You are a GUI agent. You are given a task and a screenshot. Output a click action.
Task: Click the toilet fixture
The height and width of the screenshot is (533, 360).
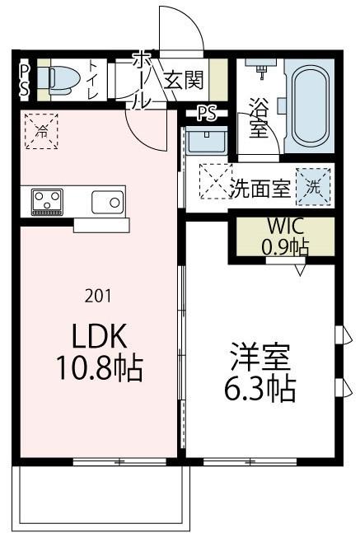[x=61, y=79]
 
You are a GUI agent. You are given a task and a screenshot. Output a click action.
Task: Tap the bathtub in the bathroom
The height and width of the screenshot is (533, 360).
[x=310, y=108]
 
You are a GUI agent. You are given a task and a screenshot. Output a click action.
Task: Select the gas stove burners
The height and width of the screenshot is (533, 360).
[x=47, y=200]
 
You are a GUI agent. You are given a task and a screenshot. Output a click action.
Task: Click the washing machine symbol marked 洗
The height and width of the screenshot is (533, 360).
[x=314, y=185]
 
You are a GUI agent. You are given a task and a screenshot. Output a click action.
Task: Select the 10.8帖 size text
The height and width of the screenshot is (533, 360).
[x=100, y=367]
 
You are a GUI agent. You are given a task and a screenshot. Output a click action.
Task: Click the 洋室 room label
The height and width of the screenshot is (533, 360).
[x=259, y=358]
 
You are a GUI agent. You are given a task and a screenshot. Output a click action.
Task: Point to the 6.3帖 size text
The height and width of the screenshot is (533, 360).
[x=259, y=389]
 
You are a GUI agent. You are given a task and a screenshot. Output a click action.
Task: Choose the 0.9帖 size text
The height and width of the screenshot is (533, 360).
[x=285, y=245]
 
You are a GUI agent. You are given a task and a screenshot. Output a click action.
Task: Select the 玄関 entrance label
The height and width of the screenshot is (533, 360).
[x=183, y=80]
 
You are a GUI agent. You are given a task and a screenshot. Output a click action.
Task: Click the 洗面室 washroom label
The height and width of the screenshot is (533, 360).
[x=259, y=187]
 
